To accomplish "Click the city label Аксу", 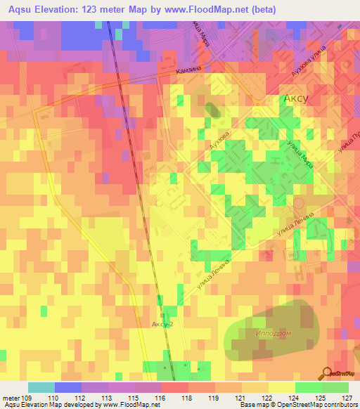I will pyautogui.click(x=296, y=99).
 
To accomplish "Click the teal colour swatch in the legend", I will pyautogui.click(x=41, y=387).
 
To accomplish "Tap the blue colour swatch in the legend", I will pyautogui.click(x=68, y=387).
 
